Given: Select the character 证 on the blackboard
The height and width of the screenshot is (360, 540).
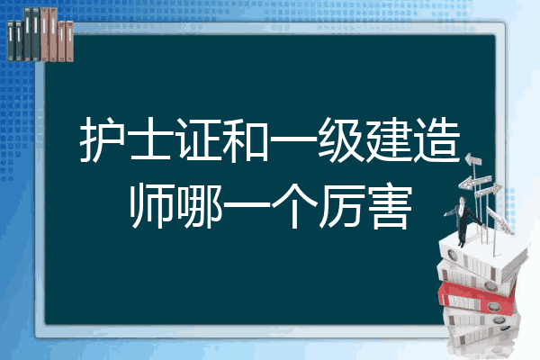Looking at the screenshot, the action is point(198,139).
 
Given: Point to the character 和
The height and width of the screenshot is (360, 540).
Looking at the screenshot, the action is point(246,139).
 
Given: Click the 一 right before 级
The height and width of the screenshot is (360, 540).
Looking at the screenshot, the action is point(293,140).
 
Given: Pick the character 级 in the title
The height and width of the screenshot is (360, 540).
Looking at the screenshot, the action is point(341,139).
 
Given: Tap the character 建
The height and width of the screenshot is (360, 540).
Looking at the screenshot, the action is point(389,139).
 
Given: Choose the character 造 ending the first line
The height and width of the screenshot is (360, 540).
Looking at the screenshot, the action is point(437,139).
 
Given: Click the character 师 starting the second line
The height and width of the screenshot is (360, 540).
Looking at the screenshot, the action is point(151,207).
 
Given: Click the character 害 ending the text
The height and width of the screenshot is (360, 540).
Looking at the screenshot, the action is point(390,207).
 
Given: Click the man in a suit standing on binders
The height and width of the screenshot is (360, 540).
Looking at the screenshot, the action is point(463,220).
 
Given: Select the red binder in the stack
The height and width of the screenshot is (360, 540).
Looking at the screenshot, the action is point(477,297).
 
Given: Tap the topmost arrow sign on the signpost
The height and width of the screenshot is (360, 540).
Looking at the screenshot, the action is point(473,159).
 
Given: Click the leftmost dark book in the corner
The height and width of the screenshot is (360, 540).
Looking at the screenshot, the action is point(11,40).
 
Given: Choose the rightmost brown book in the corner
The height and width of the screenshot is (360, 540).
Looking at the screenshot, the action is point(69,41).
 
